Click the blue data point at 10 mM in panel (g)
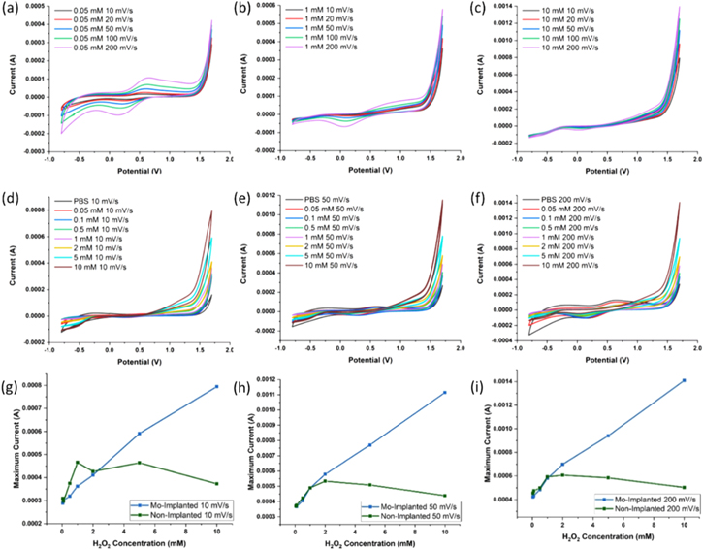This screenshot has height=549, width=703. click(216, 386)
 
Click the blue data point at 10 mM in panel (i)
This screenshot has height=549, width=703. click(684, 380)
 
